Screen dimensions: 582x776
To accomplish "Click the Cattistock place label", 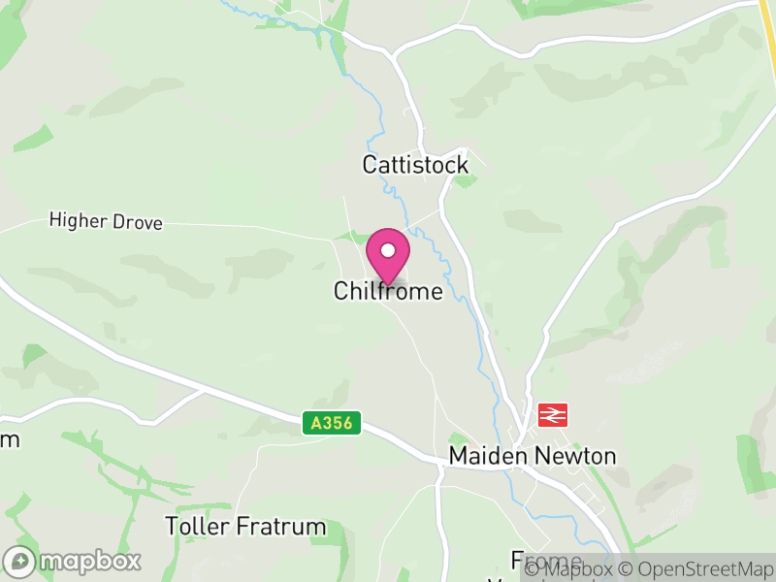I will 415,165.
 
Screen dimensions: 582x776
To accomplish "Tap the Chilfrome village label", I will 388,291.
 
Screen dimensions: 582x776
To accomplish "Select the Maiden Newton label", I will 533,456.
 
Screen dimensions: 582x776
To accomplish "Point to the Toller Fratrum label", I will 245,527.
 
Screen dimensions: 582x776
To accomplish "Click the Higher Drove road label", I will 106,223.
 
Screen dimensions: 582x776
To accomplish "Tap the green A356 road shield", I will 332,423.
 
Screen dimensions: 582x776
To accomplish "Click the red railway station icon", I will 552,414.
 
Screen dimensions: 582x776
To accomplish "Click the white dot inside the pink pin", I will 388,250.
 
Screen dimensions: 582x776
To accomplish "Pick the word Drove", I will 137,223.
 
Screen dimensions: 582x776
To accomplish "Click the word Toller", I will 198,527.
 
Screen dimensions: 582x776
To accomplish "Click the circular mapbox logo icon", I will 19,562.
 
